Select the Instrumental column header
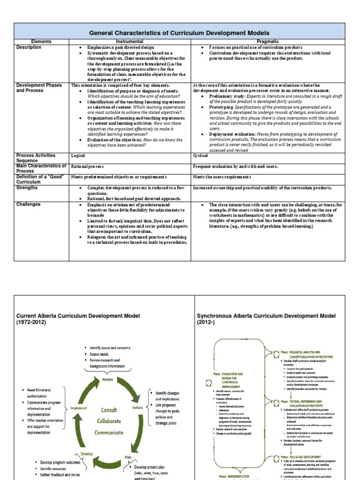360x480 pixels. (129, 42)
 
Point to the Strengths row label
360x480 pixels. (29, 187)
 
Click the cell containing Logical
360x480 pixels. (78, 155)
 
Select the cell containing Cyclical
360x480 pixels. (201, 155)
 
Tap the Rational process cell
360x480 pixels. (88, 166)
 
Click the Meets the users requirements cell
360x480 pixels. (222, 177)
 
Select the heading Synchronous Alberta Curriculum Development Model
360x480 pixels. (266, 319)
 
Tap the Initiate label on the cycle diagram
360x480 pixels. (137, 408)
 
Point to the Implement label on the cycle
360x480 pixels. (78, 408)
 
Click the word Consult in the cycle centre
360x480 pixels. (109, 410)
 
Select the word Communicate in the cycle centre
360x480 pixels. (109, 432)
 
